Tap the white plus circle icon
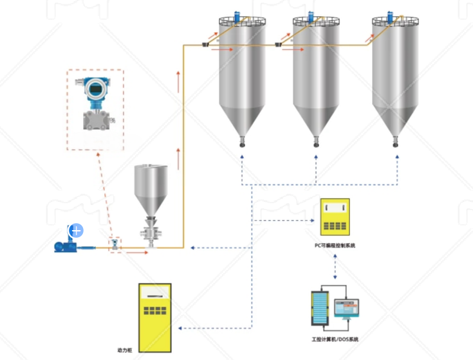point(77,230)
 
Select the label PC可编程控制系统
point(335,246)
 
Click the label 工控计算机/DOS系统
point(335,339)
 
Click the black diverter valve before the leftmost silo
point(204,45)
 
